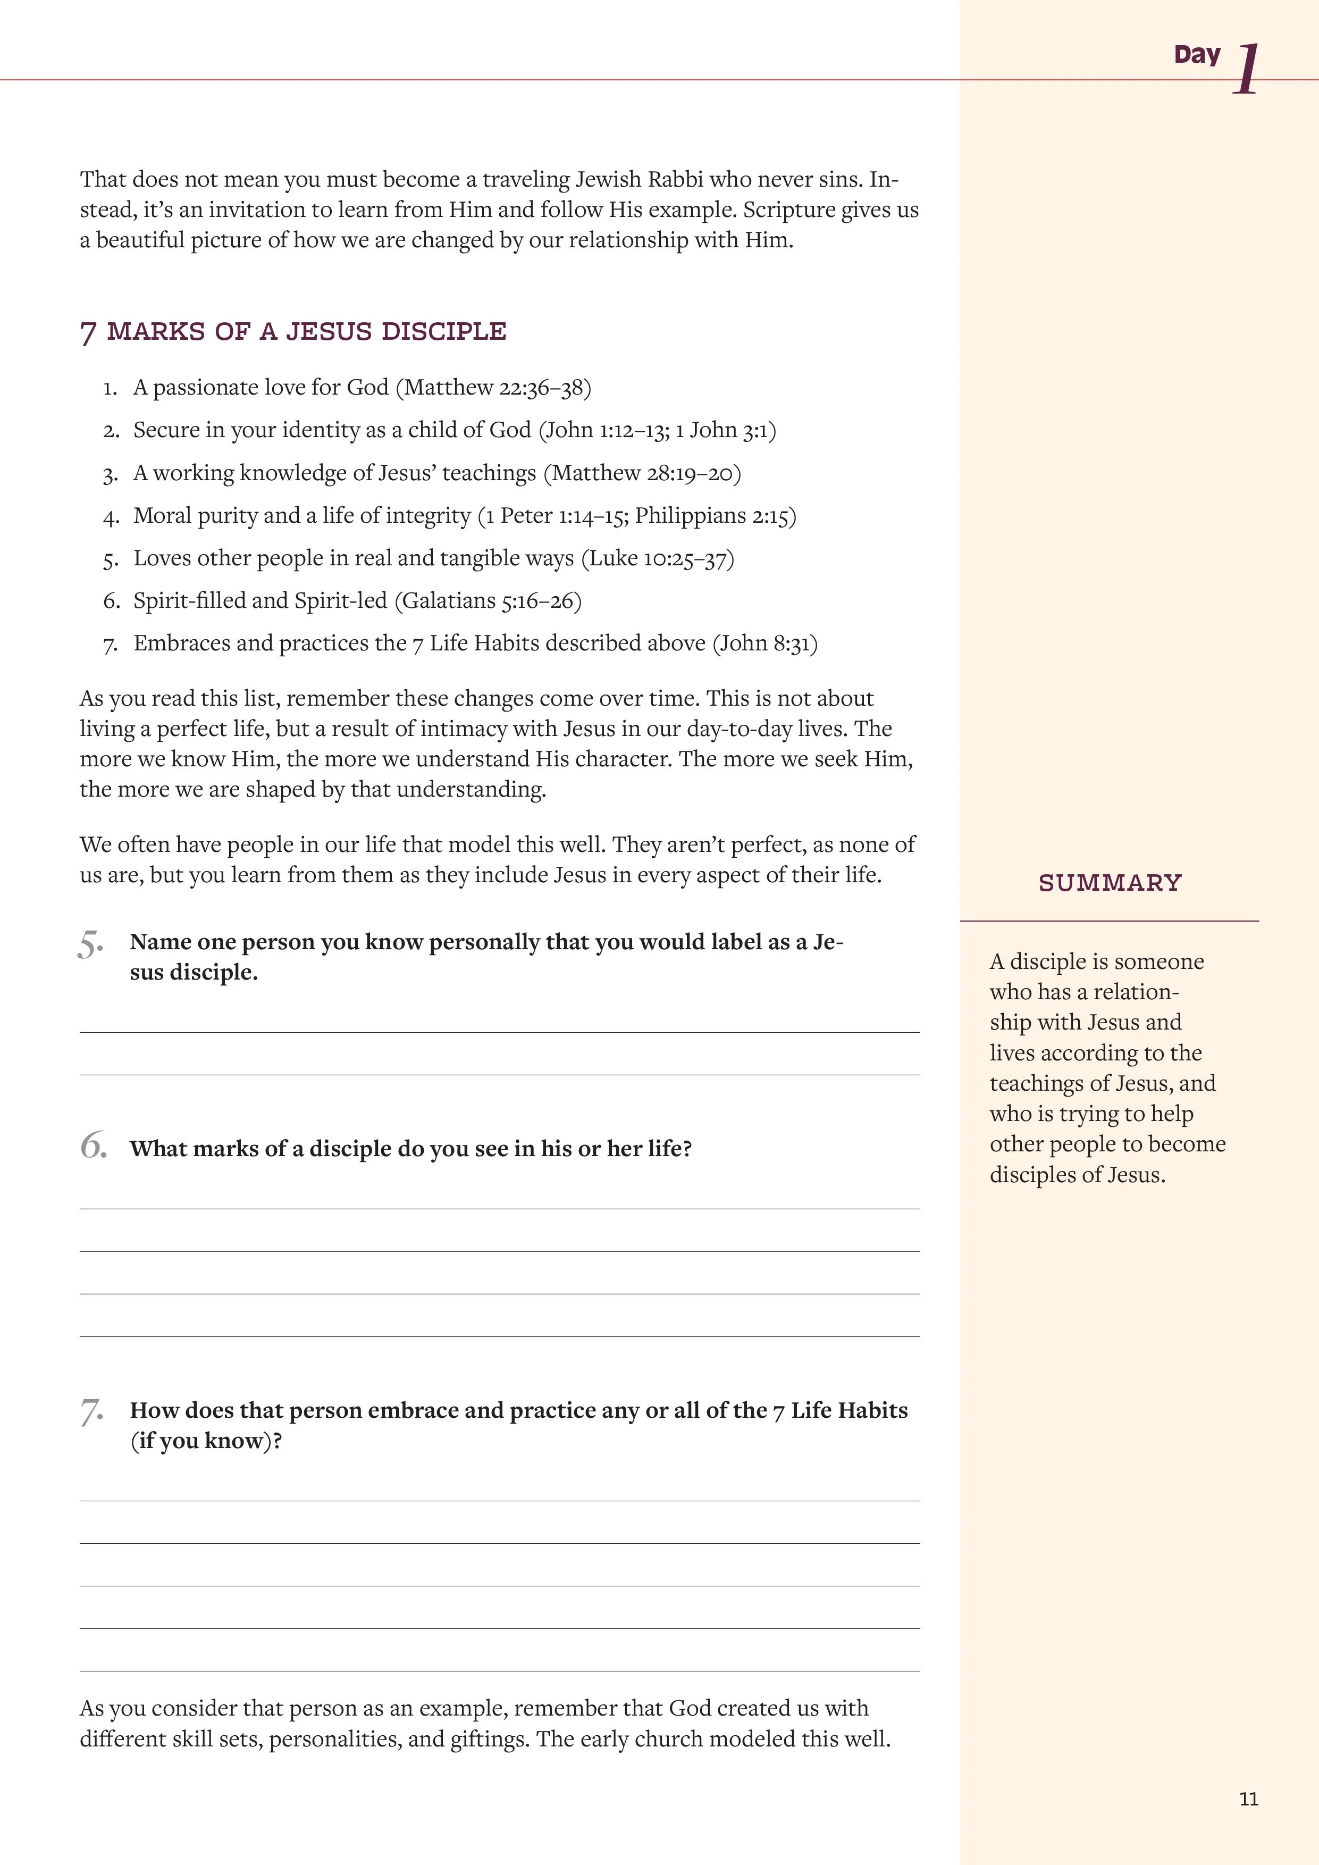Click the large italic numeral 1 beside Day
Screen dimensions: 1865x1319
pos(1247,70)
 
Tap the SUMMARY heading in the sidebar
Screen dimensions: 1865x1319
pos(1110,883)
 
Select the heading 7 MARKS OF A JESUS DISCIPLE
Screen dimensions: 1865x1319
pos(293,331)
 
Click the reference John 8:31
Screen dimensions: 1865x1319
pos(765,643)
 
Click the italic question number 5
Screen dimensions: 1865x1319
pos(91,944)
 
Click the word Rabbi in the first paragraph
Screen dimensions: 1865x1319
pos(671,180)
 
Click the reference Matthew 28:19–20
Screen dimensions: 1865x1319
pos(642,473)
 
